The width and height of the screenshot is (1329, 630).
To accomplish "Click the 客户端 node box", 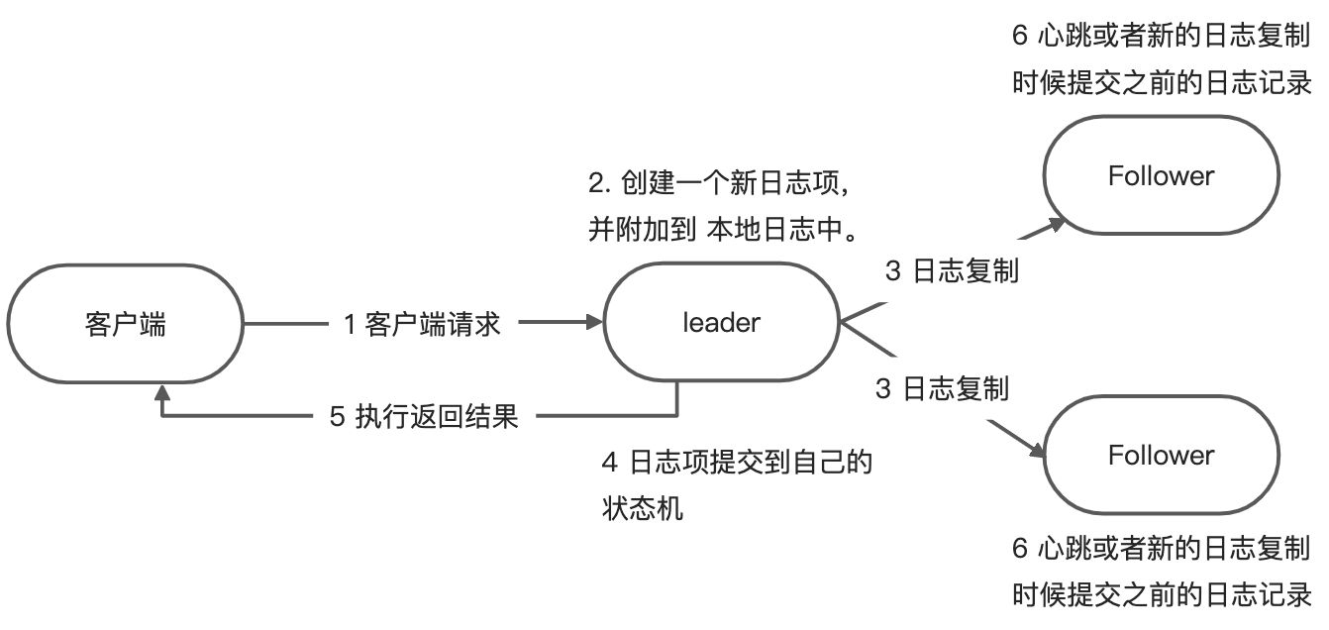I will click(125, 324).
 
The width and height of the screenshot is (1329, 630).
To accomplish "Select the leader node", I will click(721, 323).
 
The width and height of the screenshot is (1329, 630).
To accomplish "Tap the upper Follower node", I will click(1161, 176).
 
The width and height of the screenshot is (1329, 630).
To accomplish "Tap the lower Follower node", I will click(1161, 456).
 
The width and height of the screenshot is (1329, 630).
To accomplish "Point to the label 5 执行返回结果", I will click(423, 416).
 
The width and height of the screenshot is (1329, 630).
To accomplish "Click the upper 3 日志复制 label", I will click(952, 271).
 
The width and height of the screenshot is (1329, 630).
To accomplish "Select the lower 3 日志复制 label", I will click(942, 388).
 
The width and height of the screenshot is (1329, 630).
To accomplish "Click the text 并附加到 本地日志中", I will click(722, 231).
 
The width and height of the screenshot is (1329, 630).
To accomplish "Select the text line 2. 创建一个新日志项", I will click(720, 183).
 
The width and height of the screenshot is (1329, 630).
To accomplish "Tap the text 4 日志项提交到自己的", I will click(737, 463).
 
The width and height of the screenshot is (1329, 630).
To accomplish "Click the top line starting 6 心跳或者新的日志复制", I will click(1162, 37).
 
